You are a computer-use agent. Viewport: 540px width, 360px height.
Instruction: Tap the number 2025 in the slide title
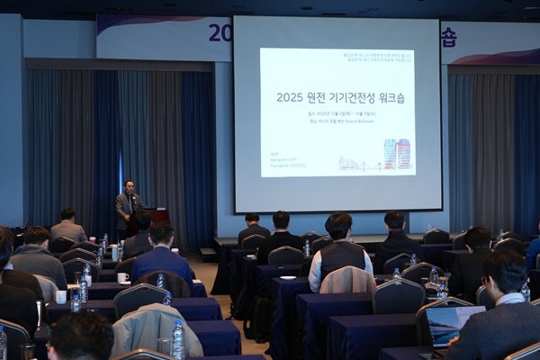point(290,96)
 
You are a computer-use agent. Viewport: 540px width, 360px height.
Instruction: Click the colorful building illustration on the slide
point(397,154)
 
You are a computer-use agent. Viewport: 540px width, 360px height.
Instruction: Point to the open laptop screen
point(452,323)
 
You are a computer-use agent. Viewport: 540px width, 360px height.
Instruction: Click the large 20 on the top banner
point(220,33)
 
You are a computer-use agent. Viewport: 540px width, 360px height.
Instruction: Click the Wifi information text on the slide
point(287,160)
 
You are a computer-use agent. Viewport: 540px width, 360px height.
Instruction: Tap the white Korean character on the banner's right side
point(447,37)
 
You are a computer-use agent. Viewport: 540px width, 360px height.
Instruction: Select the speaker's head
point(130,185)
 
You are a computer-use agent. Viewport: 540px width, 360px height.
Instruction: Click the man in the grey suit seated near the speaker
point(67,227)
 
